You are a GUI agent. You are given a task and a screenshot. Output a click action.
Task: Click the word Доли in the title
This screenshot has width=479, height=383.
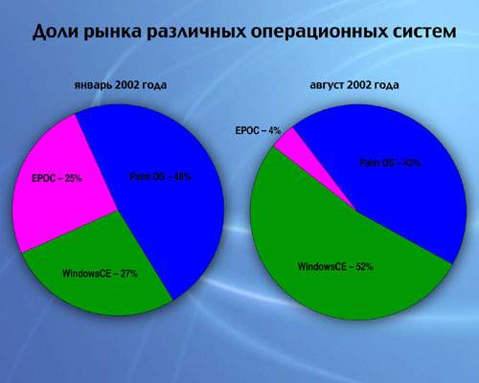[56, 32]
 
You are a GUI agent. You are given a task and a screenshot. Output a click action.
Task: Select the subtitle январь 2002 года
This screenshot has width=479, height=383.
[121, 85]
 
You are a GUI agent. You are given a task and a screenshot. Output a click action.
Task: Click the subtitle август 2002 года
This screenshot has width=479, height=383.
[354, 85]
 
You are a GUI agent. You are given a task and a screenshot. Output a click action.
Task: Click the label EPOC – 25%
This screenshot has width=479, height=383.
[57, 178]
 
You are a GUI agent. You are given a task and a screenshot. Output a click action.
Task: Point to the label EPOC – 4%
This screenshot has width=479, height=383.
[258, 130]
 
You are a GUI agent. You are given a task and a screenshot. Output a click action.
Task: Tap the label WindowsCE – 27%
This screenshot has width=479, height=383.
[100, 274]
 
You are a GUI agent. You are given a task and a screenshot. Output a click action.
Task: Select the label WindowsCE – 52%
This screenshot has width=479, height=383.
[335, 266]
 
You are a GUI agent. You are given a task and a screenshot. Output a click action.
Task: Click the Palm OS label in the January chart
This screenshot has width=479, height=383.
[161, 176]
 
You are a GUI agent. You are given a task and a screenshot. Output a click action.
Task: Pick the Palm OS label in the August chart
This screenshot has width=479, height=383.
[391, 163]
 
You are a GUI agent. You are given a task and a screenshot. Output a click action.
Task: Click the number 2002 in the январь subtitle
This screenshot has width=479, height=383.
[126, 85]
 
